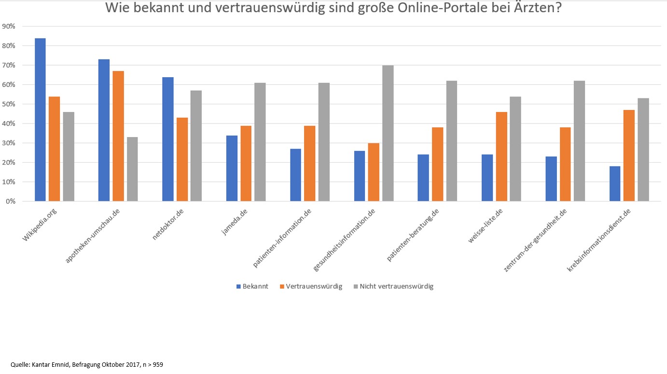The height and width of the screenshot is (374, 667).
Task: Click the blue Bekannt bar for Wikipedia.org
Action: (40, 120)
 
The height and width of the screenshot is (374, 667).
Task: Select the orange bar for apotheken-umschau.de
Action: (118, 136)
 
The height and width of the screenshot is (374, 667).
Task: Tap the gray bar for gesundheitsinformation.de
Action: (388, 133)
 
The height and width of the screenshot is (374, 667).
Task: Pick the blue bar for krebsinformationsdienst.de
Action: (615, 184)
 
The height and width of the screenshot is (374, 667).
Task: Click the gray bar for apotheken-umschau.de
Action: (132, 169)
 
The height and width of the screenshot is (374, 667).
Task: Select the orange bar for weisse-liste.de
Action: (501, 156)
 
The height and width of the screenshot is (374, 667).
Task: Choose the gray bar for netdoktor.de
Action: (196, 146)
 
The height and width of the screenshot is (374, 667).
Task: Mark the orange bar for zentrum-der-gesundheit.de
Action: (565, 164)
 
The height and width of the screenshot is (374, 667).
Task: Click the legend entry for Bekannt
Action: (252, 286)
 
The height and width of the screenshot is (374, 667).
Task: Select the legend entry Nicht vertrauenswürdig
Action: (393, 286)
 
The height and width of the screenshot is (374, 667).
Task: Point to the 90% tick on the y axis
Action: (9, 26)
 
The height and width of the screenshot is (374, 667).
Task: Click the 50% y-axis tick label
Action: (9, 104)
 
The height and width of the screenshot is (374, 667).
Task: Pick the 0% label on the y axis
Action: (11, 201)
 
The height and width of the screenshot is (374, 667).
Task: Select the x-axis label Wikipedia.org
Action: (37, 225)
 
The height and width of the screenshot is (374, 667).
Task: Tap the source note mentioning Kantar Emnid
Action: (87, 365)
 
